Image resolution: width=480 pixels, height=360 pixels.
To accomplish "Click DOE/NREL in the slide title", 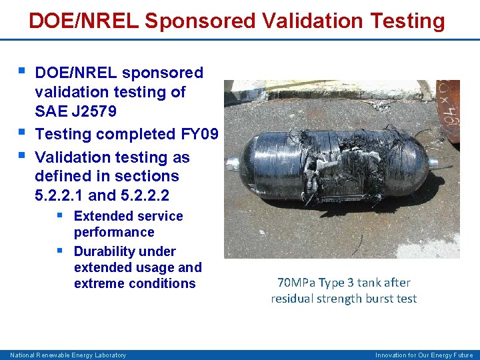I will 84,21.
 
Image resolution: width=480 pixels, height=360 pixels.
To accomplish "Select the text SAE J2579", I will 75,111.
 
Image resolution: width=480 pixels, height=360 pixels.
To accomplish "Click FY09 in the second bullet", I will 199,134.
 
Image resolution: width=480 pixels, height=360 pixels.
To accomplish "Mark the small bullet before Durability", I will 60,251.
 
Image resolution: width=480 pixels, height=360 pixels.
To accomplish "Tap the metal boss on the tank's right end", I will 431,163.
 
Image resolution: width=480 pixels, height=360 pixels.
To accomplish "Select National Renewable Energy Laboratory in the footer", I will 67,355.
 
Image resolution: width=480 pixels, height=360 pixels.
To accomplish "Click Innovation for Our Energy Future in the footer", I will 423,355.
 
